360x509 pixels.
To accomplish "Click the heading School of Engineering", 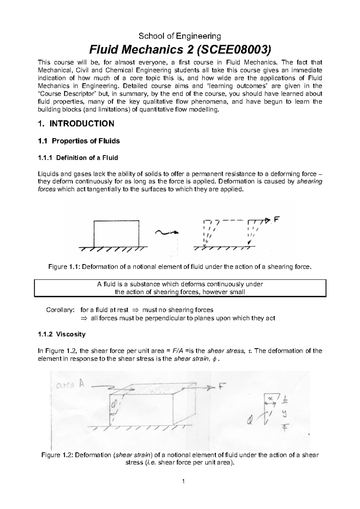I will point(179,36).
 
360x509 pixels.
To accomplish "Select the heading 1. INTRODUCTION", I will point(76,124).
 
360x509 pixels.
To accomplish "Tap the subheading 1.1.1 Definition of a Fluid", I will point(78,157).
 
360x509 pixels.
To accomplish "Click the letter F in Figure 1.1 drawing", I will point(277,220).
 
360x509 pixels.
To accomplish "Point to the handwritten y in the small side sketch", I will point(284,414).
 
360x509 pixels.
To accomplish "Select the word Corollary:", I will point(59,310).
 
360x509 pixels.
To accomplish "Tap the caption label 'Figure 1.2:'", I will point(56,455).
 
